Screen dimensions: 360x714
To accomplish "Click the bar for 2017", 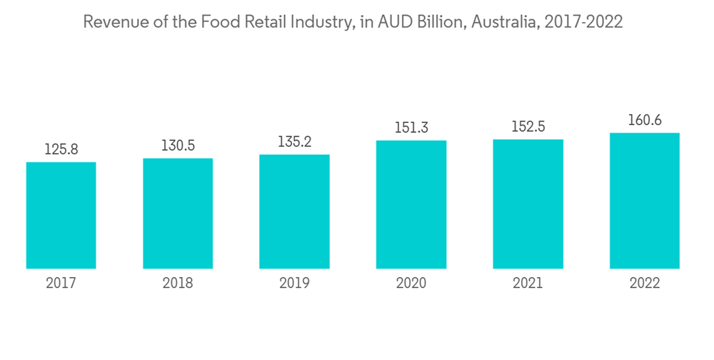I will coord(61,215).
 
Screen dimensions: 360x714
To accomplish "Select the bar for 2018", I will coord(178,213).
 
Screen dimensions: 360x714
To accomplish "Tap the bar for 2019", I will coord(294,211).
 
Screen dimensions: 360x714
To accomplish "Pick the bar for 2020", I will coord(411,204).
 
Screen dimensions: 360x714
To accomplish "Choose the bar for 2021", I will coord(528,204).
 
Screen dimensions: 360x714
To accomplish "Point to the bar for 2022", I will coord(644,201).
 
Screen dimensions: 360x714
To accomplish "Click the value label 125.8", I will coord(61,150).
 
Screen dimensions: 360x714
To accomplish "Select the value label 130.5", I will coord(178,146).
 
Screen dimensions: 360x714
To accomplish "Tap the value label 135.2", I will coord(294,142).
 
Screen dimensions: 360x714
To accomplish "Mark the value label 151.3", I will coord(411,128).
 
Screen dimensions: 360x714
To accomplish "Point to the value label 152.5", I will coord(528,127).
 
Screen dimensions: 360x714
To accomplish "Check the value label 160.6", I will coord(644,120).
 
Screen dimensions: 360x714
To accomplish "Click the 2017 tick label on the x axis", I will coord(61,284).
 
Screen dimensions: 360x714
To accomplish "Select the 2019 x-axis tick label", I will coord(294,284).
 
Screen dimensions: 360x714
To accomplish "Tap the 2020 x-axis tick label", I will coord(411,284).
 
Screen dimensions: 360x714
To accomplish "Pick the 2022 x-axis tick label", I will coord(644,284).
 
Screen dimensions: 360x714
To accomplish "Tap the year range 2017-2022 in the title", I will coord(583,22).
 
